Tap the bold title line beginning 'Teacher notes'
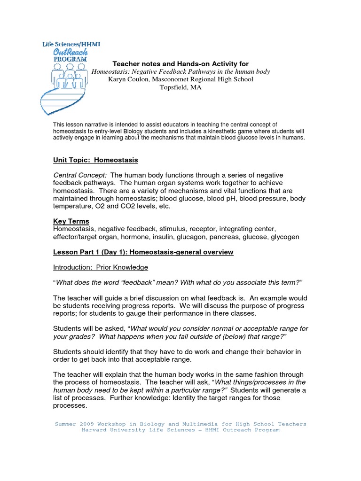click(x=180, y=63)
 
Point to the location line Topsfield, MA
click(x=180, y=87)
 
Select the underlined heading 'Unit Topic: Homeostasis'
click(x=95, y=160)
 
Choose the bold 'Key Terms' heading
click(x=71, y=221)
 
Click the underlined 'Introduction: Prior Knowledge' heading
click(x=101, y=267)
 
